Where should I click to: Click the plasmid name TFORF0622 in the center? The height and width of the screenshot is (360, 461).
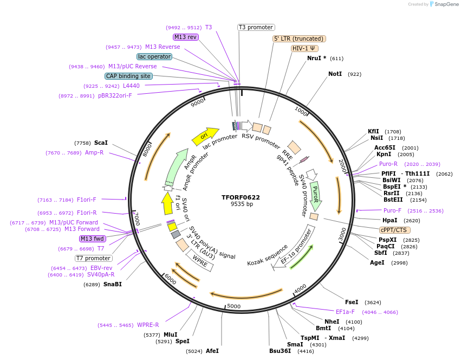[241, 197]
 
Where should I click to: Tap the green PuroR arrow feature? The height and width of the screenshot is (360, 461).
[315, 196]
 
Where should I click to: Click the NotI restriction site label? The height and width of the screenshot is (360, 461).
[335, 74]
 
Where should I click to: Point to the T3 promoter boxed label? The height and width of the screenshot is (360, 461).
[256, 27]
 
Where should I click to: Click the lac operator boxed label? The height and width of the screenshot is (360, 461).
[154, 56]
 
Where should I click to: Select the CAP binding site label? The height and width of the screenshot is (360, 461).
[128, 76]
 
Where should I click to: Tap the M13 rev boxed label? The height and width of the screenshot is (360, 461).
[185, 37]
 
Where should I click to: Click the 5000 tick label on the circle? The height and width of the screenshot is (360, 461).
[233, 306]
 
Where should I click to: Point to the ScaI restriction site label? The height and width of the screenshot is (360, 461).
[101, 143]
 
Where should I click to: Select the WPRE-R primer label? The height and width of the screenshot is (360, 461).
[148, 325]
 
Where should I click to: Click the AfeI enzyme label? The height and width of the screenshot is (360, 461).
[212, 351]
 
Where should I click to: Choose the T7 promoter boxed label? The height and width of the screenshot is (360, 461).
[94, 258]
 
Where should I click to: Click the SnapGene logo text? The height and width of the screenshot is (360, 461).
[445, 4]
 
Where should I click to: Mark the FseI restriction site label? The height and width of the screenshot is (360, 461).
[352, 302]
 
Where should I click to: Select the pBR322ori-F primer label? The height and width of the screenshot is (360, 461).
[115, 96]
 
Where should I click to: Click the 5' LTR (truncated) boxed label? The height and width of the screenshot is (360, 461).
[299, 38]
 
